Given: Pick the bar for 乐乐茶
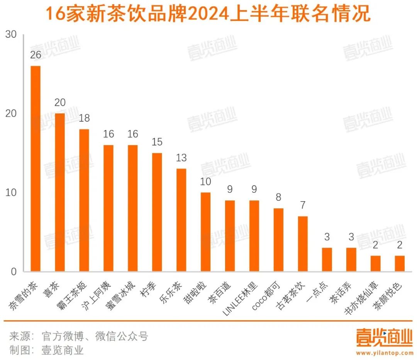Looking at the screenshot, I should [181, 220].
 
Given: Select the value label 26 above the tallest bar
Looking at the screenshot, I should [36, 55].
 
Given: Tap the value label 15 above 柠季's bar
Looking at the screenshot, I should [157, 142].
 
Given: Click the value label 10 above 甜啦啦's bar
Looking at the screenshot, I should [205, 182].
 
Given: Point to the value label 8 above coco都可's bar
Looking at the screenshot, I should [278, 197].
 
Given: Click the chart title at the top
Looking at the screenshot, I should [208, 14].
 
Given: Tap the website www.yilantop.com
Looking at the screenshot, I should [384, 353].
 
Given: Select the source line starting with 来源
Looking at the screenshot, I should [79, 336].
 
